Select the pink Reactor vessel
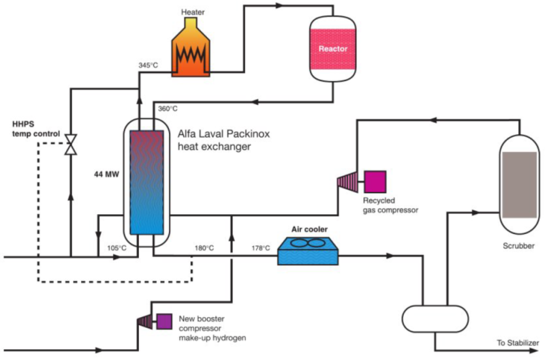click(x=333, y=49)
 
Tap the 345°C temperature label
click(x=149, y=65)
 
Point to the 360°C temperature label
click(x=168, y=108)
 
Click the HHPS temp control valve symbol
click(x=70, y=145)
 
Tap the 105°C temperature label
click(x=117, y=247)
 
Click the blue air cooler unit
click(x=308, y=252)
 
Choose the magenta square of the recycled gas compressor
click(x=375, y=181)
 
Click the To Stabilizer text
click(x=518, y=342)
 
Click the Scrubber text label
click(x=520, y=245)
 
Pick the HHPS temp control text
click(x=36, y=127)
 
